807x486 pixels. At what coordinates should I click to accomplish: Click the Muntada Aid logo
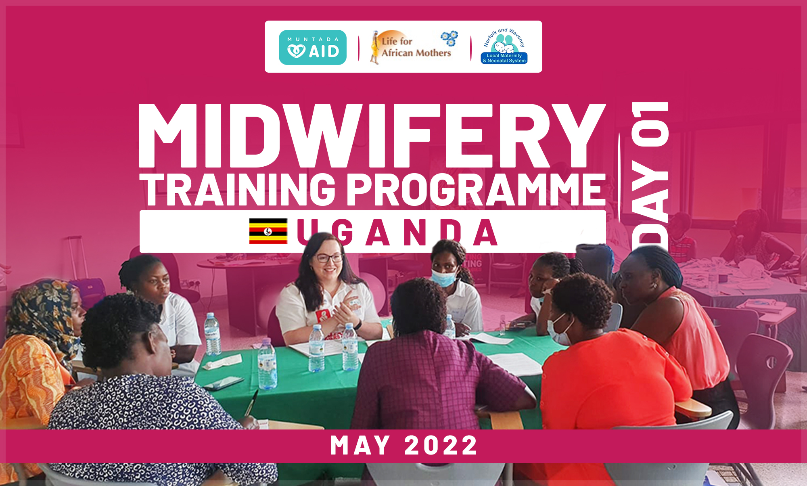tap(313, 47)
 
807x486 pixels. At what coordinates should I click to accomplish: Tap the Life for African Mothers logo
tap(414, 47)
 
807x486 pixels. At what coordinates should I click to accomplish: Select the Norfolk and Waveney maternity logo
tap(504, 46)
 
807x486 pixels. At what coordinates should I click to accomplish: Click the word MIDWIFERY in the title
tap(372, 136)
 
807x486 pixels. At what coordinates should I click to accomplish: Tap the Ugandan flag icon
tap(268, 231)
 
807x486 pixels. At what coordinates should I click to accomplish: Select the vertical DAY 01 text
tap(650, 178)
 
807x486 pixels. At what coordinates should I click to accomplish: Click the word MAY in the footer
tap(360, 446)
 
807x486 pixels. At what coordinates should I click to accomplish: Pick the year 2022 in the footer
tap(441, 446)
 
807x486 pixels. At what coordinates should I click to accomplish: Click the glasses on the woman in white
tap(329, 258)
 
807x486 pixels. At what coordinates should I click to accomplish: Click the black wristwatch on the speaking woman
tap(358, 325)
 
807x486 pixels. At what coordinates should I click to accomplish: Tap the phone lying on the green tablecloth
tap(224, 383)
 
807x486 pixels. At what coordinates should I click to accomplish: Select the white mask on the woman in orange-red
tap(559, 329)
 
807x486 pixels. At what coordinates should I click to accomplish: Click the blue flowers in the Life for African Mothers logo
tap(449, 38)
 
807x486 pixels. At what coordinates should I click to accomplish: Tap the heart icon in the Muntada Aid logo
tap(296, 51)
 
